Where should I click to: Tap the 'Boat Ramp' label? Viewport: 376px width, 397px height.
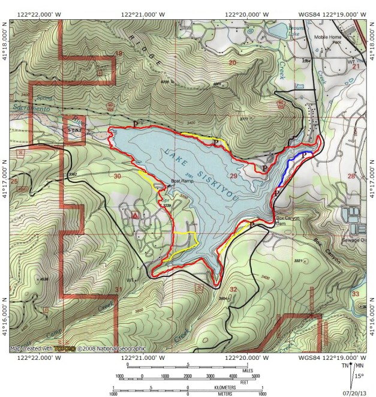(x=182, y=181)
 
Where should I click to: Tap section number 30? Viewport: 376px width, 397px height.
(x=117, y=176)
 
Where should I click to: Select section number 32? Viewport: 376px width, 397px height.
(x=233, y=290)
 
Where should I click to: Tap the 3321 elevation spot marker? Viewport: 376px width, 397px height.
(x=297, y=261)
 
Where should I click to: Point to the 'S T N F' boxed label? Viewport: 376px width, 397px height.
(x=74, y=128)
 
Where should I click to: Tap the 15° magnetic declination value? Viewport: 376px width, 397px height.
(x=359, y=376)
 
